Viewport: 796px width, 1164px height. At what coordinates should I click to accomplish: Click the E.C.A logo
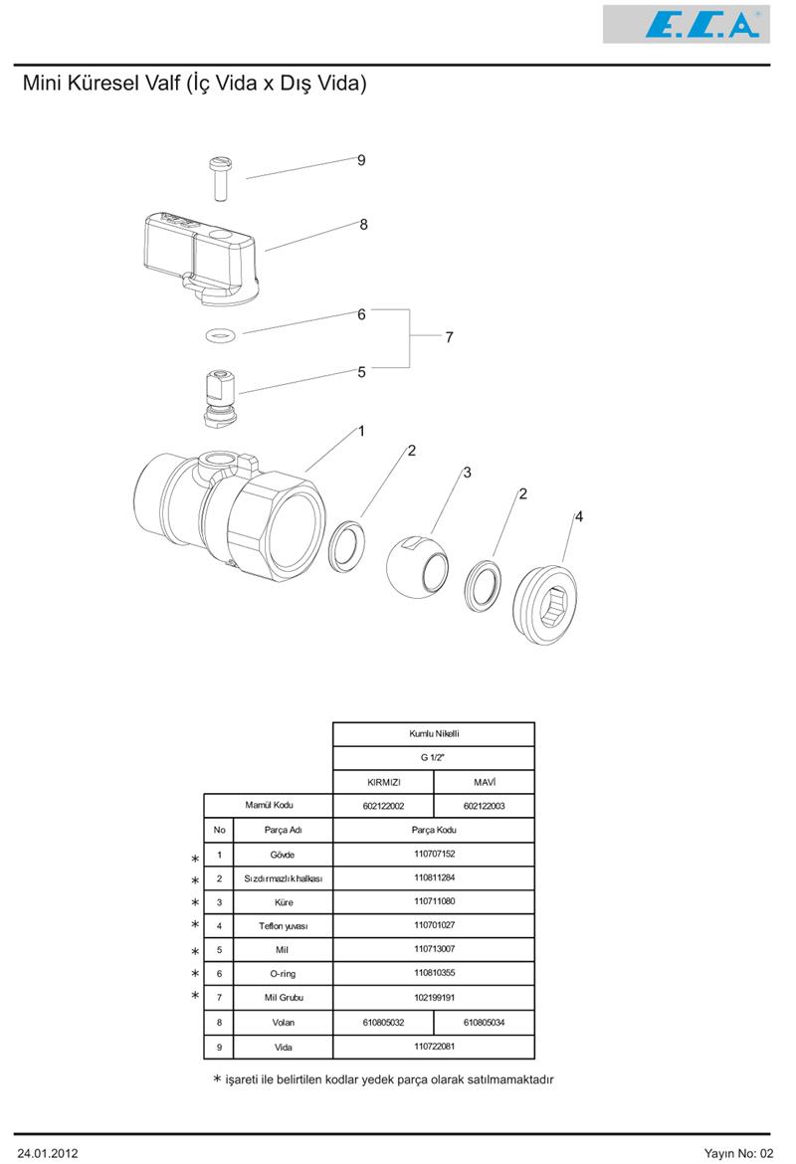click(687, 24)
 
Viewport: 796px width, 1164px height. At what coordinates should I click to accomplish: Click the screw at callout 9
click(219, 176)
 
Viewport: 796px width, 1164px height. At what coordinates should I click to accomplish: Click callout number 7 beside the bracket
click(449, 338)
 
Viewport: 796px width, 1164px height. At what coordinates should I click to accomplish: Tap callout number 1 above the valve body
click(361, 432)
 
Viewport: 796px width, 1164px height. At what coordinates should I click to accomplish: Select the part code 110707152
click(434, 854)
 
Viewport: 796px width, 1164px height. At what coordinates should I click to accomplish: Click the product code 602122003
click(484, 806)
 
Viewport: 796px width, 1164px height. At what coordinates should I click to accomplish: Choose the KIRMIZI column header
click(383, 782)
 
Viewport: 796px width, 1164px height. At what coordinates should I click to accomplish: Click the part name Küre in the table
click(283, 902)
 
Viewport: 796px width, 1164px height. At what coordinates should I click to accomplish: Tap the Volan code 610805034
click(484, 1022)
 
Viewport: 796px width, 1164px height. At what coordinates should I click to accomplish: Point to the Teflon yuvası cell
click(283, 926)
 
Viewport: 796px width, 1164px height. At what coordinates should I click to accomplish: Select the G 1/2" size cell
click(434, 758)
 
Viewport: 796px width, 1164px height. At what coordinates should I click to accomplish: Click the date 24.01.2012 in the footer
click(48, 1153)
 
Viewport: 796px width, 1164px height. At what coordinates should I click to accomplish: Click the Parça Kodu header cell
click(434, 830)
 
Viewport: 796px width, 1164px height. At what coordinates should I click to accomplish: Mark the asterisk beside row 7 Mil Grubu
click(195, 996)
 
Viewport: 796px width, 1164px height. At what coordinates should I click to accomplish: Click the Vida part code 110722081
click(434, 1047)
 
